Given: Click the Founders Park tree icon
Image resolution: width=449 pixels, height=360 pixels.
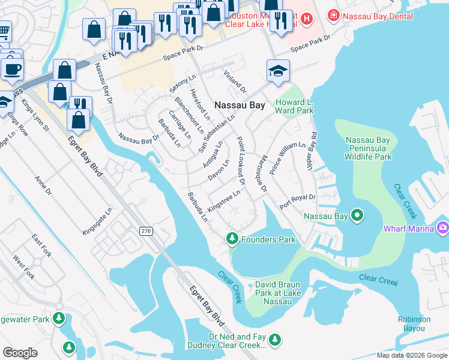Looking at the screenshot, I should coord(232,239).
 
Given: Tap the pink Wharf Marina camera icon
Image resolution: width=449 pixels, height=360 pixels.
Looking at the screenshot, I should coord(444,227).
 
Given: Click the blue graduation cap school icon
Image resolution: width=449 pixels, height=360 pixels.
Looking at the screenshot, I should coord(278,71).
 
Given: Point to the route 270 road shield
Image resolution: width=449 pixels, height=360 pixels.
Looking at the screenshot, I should coord(146,231).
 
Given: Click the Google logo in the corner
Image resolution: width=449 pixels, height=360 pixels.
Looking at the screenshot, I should coord(20,353).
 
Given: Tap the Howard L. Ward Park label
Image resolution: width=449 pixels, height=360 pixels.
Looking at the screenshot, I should coord(294,106).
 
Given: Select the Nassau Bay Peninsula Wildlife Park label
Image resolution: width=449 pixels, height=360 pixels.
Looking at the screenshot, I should coord(369,148).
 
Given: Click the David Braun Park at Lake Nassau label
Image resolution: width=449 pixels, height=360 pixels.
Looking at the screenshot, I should coord(277,292).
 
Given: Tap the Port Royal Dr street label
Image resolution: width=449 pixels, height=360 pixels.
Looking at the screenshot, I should coord(298,200).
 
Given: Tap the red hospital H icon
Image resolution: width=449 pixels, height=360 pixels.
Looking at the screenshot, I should coord(307,19).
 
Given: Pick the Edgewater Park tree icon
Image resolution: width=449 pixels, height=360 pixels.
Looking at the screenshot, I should coord(58,318).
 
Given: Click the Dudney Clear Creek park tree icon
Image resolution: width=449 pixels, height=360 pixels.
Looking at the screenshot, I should coord(275,340).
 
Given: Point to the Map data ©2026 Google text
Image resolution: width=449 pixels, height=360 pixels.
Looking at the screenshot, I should coord(411,355).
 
